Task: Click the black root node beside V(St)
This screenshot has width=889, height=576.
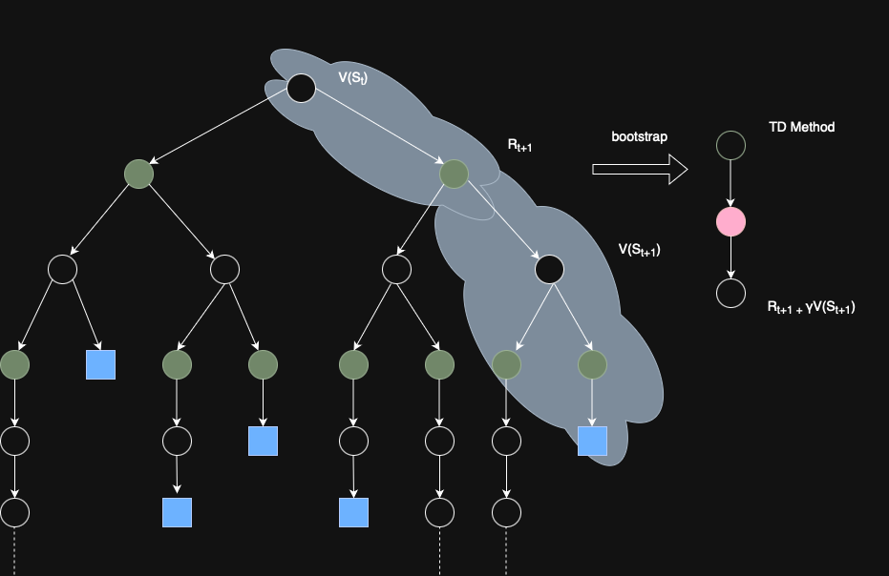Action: coord(302,89)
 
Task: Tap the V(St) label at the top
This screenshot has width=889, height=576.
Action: coord(353,77)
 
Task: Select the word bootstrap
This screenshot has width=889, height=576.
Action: coord(640,136)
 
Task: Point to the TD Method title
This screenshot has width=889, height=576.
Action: coord(801,127)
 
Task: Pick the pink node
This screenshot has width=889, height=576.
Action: coord(731,222)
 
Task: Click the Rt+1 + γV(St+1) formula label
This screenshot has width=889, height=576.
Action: coord(811,307)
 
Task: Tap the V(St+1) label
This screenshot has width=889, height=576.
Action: coord(640,250)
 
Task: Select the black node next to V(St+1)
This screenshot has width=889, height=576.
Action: coord(549,270)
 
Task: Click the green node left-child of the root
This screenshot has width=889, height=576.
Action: coord(139,174)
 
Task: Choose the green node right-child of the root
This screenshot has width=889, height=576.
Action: coord(455,174)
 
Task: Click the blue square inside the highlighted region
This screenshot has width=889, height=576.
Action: coord(592,441)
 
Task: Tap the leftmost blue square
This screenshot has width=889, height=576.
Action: coord(100,364)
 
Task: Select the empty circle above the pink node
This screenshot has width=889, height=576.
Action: coord(731,145)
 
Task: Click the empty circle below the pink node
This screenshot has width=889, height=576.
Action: coord(731,293)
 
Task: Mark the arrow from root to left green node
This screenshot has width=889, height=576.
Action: coord(220,132)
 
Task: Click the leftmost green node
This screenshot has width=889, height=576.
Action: coord(15,364)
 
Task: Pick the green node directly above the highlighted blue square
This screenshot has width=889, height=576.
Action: coord(592,364)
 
